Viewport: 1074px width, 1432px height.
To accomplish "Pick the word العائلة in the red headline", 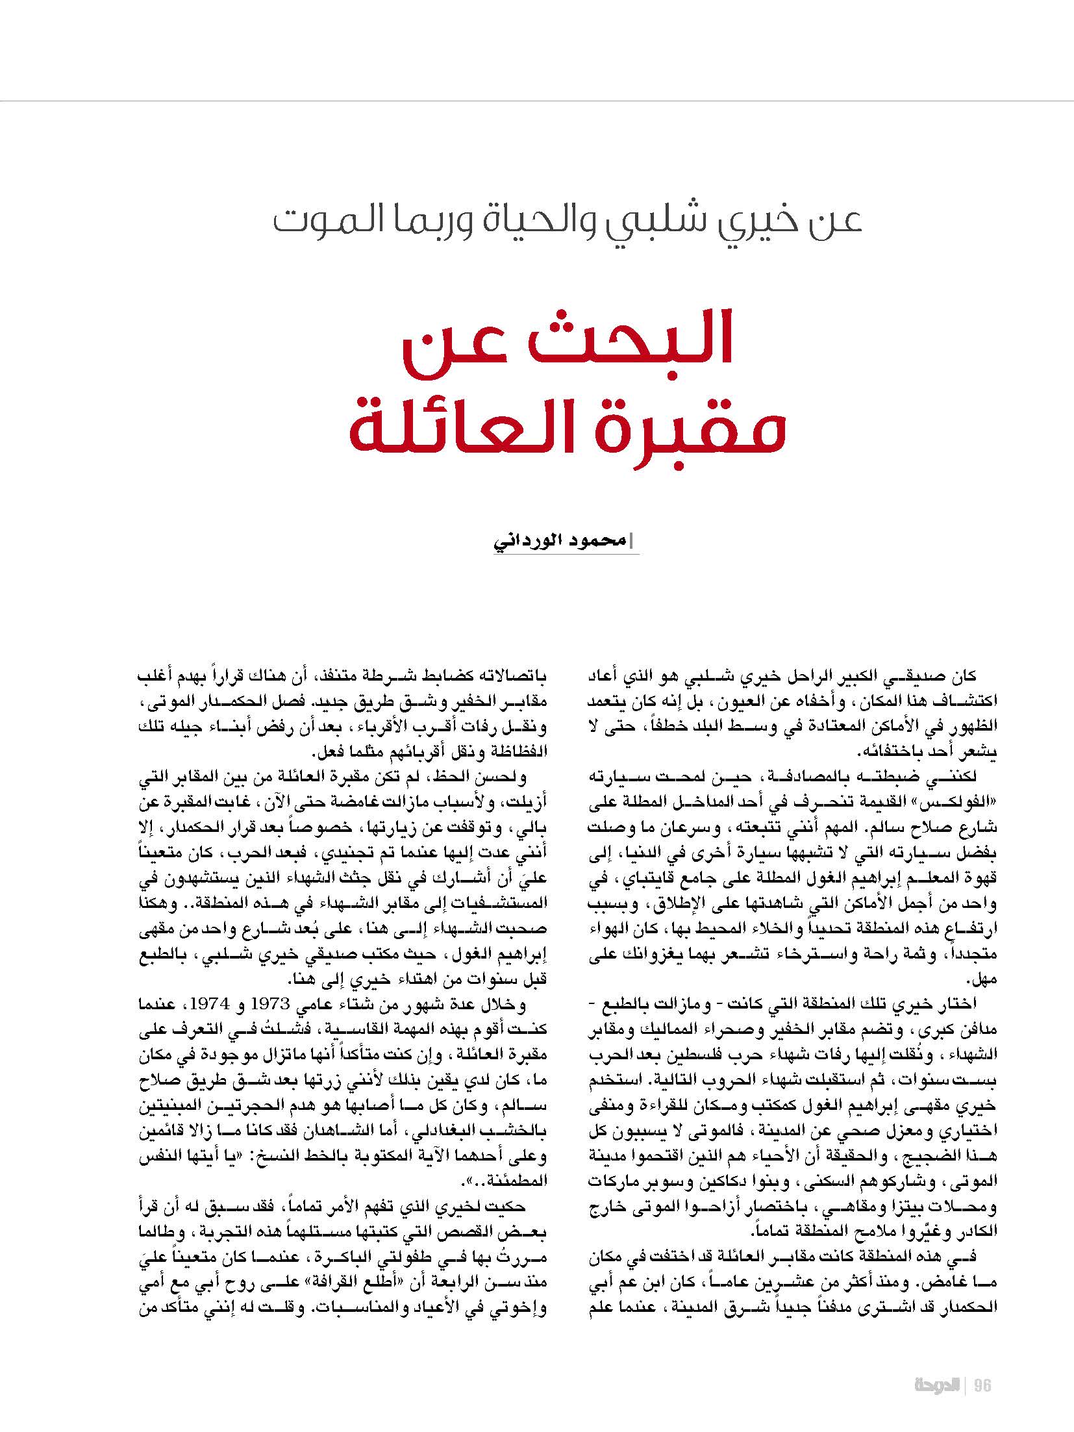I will pyautogui.click(x=474, y=429).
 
